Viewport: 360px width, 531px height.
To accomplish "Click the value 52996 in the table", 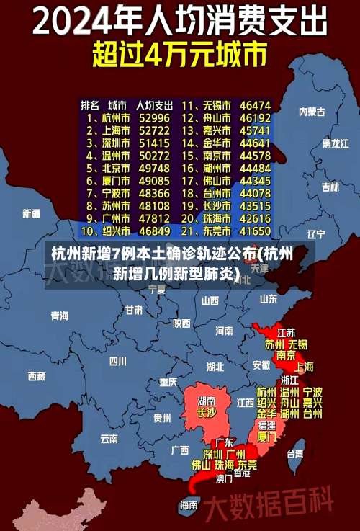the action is [x=154, y=117].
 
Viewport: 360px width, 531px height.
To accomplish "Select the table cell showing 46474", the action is [x=255, y=104].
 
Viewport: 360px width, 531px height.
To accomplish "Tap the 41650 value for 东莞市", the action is [x=255, y=231].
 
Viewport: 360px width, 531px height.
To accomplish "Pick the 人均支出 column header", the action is [x=153, y=104].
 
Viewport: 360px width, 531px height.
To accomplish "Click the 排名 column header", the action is [x=90, y=104].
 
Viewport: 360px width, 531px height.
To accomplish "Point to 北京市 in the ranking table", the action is [x=115, y=168].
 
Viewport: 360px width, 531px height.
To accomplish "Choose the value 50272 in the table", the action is [x=154, y=155].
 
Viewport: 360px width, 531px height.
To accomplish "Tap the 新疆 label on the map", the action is [x=31, y=213].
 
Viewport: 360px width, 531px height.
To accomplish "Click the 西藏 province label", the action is [x=36, y=375].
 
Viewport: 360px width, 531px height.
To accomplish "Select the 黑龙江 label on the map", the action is [x=335, y=143].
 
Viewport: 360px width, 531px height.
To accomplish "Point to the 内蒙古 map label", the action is [x=312, y=112].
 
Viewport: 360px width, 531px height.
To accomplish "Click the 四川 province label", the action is [x=118, y=361].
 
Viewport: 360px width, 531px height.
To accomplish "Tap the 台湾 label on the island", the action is [x=295, y=454].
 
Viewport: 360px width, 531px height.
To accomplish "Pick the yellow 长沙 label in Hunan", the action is [x=206, y=413].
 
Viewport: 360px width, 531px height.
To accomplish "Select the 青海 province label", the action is [x=60, y=315].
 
